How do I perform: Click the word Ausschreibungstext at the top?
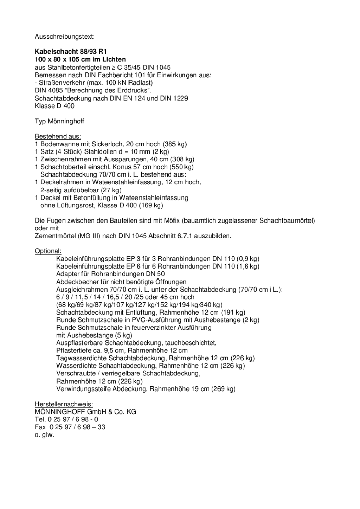coord(65,36)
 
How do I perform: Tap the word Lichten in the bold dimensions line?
coord(114,59)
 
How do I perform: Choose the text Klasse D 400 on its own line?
coord(54,106)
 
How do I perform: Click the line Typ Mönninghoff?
coord(59,121)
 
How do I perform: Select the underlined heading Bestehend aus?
coord(58,136)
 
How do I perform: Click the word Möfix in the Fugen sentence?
coord(172,221)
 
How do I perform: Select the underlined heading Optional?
coord(48,251)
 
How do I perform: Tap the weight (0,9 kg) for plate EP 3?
coord(248,259)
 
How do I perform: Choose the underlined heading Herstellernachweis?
coord(64,404)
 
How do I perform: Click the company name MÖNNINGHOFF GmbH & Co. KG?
coord(85,412)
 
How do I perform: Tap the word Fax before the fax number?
coord(40,427)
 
